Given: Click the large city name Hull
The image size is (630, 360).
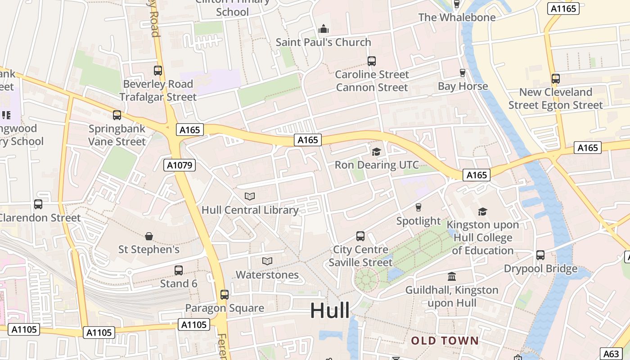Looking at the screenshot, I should pyautogui.click(x=330, y=310).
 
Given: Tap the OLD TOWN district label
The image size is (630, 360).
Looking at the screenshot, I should pyautogui.click(x=445, y=341).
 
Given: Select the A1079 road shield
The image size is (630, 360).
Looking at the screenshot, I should pyautogui.click(x=180, y=165).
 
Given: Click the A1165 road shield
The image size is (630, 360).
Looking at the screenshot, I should pyautogui.click(x=563, y=9).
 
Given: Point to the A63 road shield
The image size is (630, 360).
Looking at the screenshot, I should pyautogui.click(x=612, y=354).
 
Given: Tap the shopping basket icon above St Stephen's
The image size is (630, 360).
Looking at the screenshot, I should pyautogui.click(x=149, y=236).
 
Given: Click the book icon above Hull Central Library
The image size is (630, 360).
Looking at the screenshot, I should pyautogui.click(x=250, y=196).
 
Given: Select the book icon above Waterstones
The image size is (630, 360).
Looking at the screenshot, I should pyautogui.click(x=267, y=261).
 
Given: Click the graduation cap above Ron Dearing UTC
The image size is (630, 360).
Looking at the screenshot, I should pyautogui.click(x=376, y=152).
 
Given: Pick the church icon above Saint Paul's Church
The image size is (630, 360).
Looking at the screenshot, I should pyautogui.click(x=324, y=29).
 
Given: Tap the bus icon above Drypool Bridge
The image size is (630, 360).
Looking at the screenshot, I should pyautogui.click(x=540, y=255).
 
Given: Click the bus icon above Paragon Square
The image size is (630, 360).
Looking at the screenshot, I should pyautogui.click(x=225, y=295).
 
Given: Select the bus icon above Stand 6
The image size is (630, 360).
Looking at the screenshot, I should pyautogui.click(x=179, y=270).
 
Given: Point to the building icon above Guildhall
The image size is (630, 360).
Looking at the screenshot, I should pyautogui.click(x=452, y=276).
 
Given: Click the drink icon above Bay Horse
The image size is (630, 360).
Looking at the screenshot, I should pyautogui.click(x=462, y=73).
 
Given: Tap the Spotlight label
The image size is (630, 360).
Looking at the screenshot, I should pyautogui.click(x=418, y=221).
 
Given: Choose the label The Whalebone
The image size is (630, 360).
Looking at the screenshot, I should pyautogui.click(x=457, y=18).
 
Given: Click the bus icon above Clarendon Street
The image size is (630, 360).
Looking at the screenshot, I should pyautogui.click(x=38, y=204).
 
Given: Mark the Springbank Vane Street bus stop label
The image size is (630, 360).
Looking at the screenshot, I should pyautogui.click(x=117, y=135).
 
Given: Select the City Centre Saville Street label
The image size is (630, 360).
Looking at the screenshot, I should pyautogui.click(x=360, y=256).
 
